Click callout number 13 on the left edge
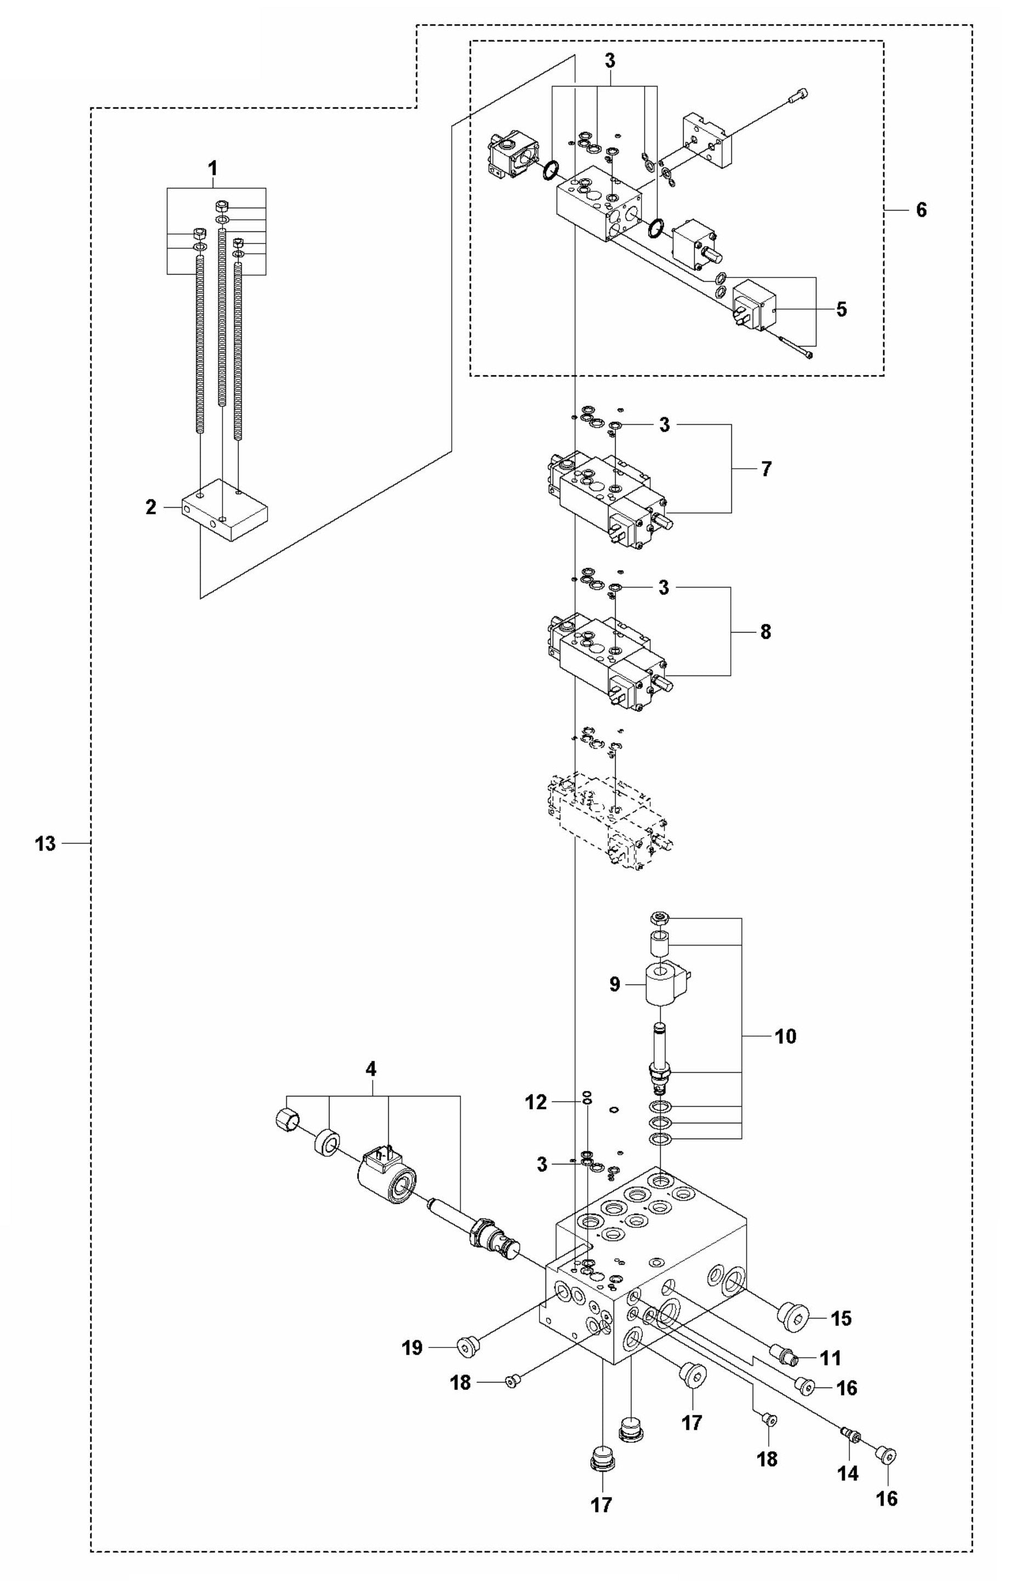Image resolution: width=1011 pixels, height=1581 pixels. (46, 844)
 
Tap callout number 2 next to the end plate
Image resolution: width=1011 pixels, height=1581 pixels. (151, 508)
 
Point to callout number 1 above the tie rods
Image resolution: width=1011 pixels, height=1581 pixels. (212, 168)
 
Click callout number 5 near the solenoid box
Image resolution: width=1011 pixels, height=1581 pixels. (841, 309)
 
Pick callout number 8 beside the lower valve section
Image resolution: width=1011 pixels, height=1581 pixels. (765, 632)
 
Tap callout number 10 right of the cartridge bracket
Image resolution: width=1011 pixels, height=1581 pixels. (785, 1037)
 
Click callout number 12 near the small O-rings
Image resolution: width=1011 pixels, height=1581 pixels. (536, 1102)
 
